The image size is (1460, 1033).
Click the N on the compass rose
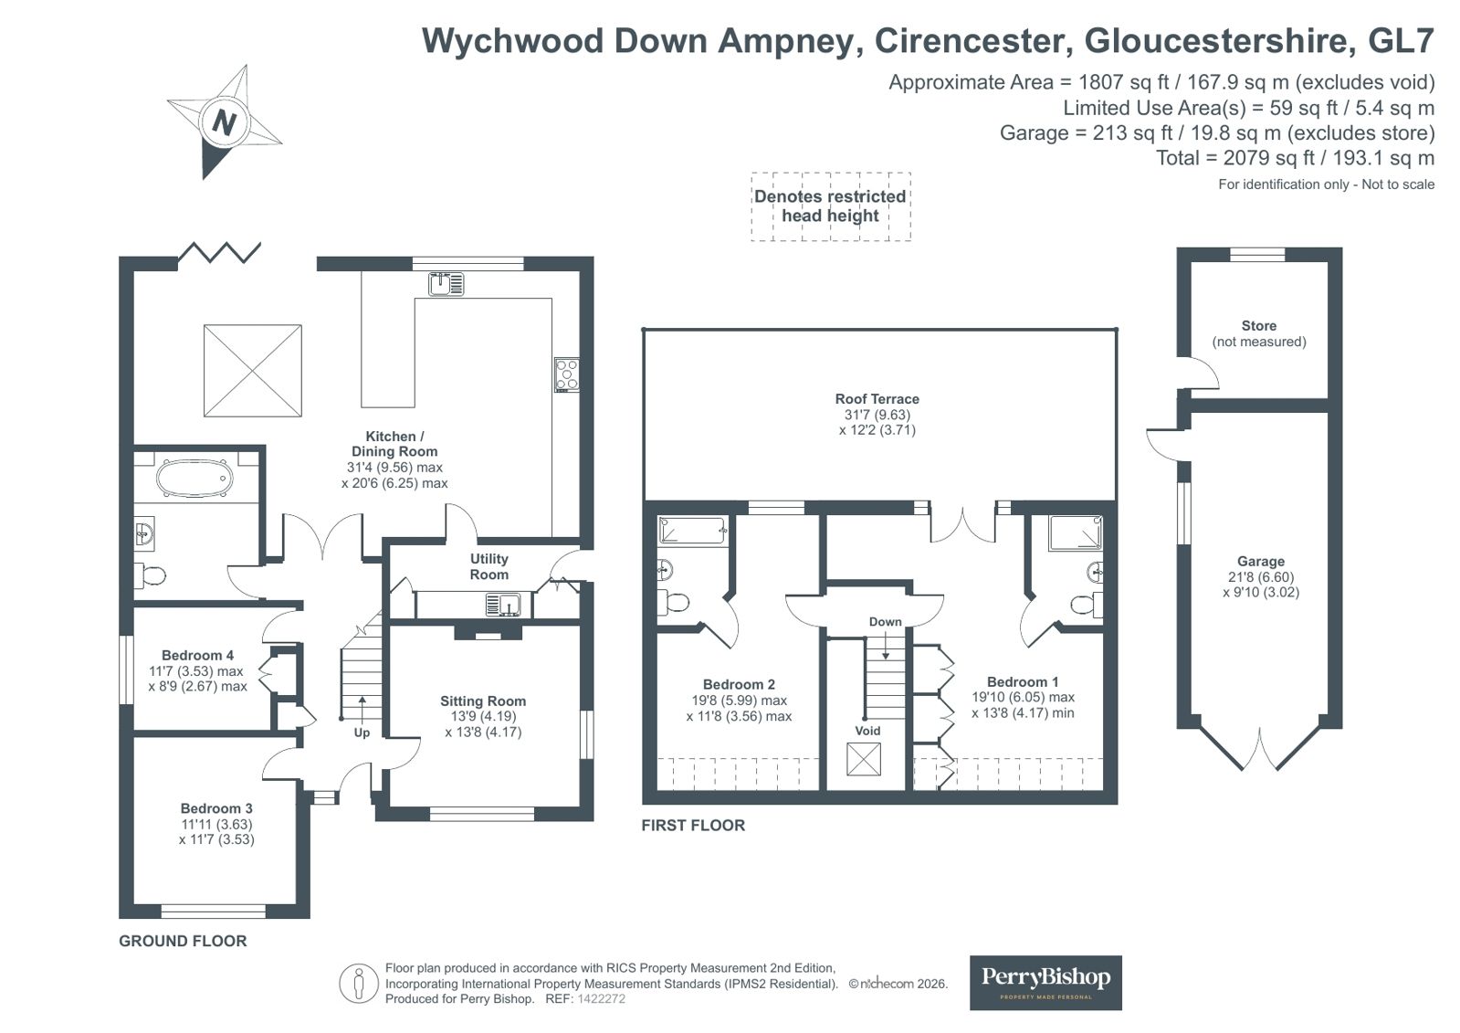point(225,121)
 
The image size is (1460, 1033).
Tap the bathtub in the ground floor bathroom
point(194,478)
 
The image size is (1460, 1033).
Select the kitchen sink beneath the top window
point(446,284)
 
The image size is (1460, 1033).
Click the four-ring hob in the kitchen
point(567,375)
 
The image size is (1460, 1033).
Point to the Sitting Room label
point(483,701)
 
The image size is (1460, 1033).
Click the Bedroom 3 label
point(216,808)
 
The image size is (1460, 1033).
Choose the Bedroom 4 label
point(197,655)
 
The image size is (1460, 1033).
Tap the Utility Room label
point(488,566)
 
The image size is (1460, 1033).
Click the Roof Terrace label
point(877,399)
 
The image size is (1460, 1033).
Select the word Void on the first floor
point(867,731)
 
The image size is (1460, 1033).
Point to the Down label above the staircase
point(885,622)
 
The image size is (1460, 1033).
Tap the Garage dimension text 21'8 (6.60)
point(1261,577)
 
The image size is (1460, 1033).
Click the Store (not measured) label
point(1259,333)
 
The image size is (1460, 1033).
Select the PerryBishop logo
point(1045,982)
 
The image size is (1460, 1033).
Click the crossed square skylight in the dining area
point(252,370)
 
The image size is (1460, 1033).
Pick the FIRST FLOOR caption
point(693,826)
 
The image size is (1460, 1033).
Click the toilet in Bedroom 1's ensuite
point(1085,604)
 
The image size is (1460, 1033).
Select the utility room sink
point(503,605)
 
